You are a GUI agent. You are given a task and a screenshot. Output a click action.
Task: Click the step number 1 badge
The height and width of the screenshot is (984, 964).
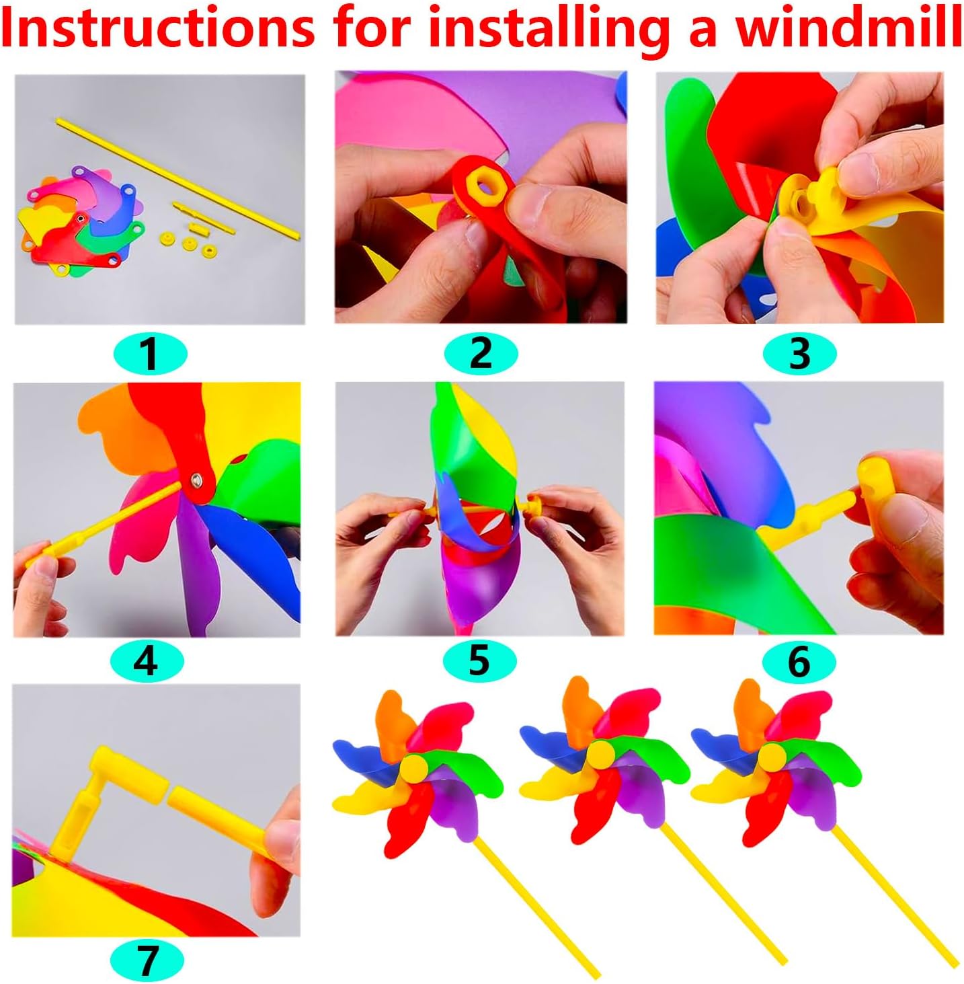point(149,353)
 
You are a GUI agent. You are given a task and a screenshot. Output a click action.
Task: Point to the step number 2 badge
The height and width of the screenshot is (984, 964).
point(481,352)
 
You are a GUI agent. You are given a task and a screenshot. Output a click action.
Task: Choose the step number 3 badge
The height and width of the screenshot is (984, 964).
point(799,353)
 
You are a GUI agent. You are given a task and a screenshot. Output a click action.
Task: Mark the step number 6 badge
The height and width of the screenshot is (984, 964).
point(799,661)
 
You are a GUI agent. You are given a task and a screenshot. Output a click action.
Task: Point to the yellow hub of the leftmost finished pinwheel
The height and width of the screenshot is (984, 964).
point(413,767)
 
